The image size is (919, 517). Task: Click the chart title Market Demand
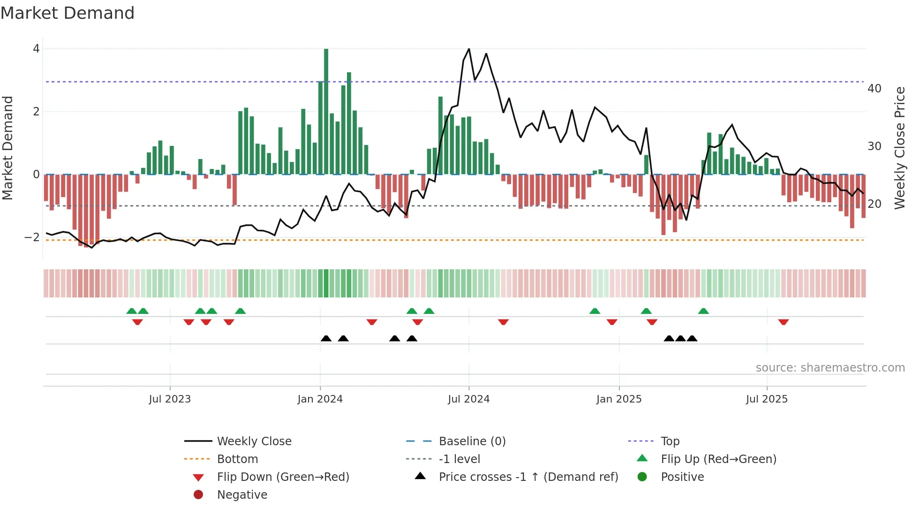[68, 13]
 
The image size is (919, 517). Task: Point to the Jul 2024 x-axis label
[468, 399]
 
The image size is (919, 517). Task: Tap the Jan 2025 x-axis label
[619, 399]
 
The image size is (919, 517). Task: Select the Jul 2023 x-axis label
[170, 399]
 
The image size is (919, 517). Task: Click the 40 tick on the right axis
[874, 89]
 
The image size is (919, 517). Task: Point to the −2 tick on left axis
[32, 237]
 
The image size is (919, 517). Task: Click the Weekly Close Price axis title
[899, 148]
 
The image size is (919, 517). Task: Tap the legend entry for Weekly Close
[254, 441]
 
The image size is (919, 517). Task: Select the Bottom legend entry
[237, 459]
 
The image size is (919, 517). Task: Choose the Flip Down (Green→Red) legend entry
[283, 477]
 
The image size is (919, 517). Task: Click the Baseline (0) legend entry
[472, 441]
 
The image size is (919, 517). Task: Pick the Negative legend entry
[242, 495]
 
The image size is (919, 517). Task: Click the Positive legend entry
[682, 477]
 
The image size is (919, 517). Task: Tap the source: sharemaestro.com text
[830, 368]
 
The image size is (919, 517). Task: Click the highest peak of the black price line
[469, 49]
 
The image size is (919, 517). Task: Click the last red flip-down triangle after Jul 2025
[783, 322]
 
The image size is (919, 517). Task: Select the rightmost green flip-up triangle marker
[703, 311]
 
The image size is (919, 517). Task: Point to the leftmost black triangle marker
[326, 338]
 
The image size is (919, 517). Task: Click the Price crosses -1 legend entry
[528, 477]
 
